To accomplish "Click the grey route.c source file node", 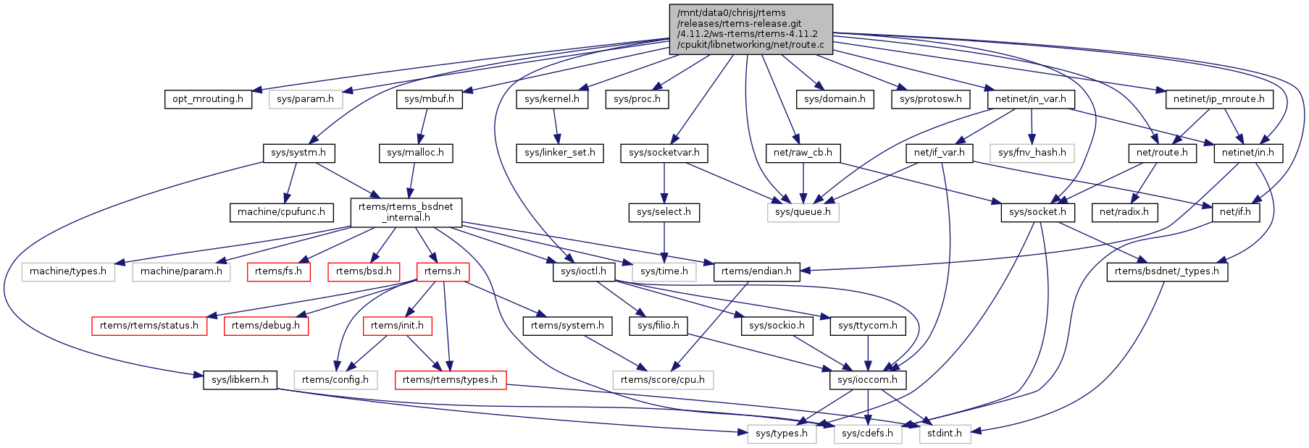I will tap(750, 29).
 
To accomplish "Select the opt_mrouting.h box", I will tap(208, 99).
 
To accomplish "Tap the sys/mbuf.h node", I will tap(429, 99).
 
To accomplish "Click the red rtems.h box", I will tap(443, 271).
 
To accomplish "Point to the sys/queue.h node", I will tap(803, 212).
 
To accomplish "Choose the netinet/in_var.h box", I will tap(1030, 99).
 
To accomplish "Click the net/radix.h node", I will tap(1124, 212).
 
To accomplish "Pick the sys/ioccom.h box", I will tap(867, 379).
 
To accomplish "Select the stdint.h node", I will tap(945, 434).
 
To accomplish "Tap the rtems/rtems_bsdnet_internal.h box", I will tap(406, 211).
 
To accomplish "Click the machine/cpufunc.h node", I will tap(282, 212).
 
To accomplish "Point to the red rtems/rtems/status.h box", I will tap(149, 326).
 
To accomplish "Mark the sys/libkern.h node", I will tap(240, 379).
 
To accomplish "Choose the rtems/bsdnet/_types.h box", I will tap(1166, 271).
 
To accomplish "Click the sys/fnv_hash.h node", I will tap(1032, 153).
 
